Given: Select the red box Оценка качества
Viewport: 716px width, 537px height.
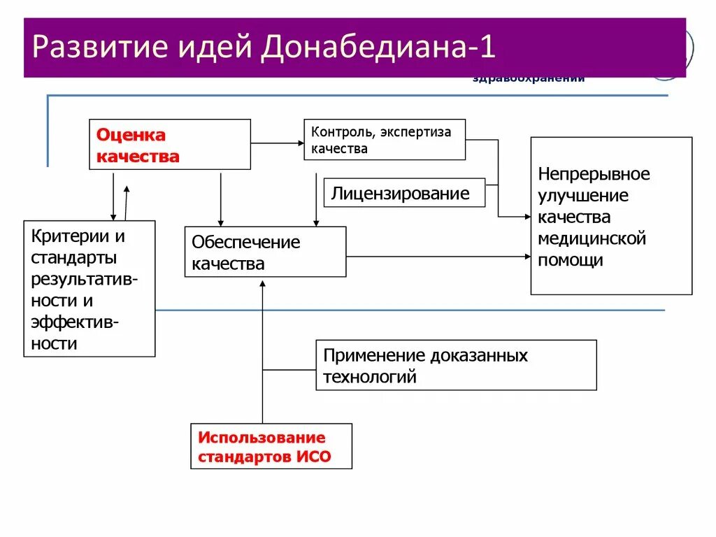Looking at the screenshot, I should [x=170, y=145].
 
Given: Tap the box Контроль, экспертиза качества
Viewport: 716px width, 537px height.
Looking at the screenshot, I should [x=385, y=140].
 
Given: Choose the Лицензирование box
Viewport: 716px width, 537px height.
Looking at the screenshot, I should [x=404, y=193].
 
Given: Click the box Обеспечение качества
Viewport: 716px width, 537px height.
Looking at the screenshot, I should [x=265, y=252].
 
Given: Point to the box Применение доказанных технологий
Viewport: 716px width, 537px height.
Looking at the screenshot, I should [x=456, y=365].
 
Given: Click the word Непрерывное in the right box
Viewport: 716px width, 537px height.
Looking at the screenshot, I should [x=594, y=174].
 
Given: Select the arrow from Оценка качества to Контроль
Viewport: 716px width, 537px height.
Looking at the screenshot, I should [x=277, y=143].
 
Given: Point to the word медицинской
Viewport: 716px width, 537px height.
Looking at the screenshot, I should [x=592, y=239].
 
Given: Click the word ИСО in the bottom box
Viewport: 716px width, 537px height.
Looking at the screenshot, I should [x=314, y=458].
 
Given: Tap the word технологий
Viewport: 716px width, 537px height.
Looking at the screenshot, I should [x=370, y=378].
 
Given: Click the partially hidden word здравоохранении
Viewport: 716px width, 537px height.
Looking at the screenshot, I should [x=529, y=79].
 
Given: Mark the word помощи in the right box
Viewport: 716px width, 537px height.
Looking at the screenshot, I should [x=571, y=261].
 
